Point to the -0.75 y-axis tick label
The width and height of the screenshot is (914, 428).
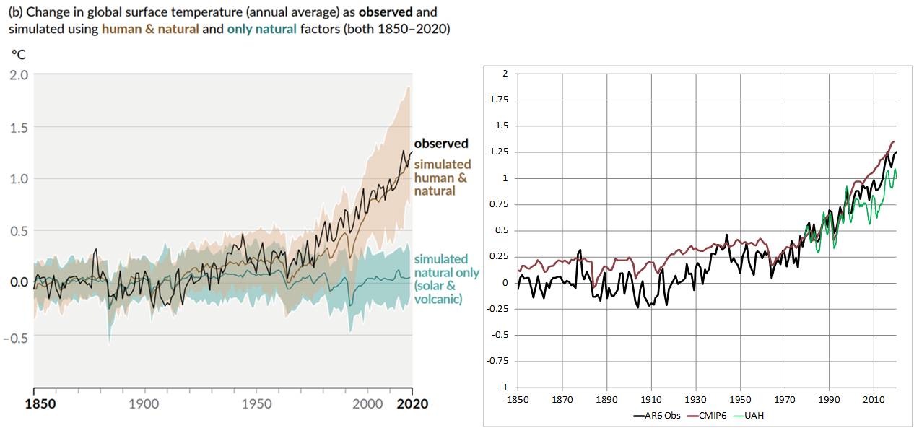coord(498,361)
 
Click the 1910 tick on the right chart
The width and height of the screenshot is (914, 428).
coord(651,399)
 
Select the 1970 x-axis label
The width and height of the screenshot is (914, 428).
coord(785,399)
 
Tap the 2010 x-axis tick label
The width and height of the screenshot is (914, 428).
coord(874,399)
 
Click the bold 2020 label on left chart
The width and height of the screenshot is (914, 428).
coord(412,403)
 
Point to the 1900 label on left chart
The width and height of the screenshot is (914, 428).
coord(144,403)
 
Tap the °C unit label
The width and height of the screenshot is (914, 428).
coord(17,54)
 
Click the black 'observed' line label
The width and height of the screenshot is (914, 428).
coord(441,144)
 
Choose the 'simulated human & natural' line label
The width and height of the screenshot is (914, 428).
coord(441,178)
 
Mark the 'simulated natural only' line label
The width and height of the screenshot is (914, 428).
coord(445,279)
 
